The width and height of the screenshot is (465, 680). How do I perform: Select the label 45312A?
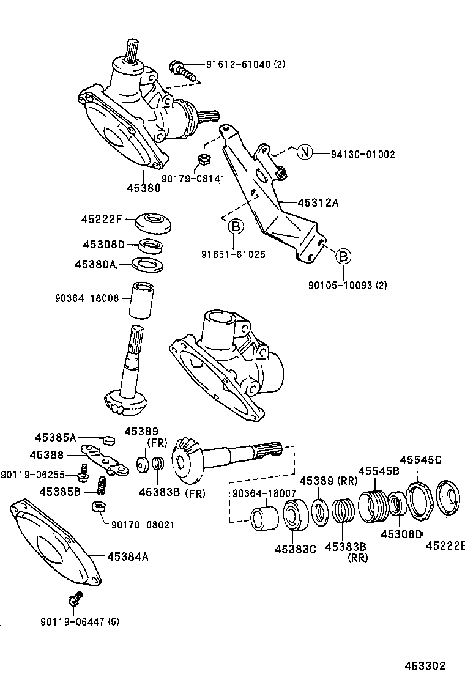pyautogui.click(x=318, y=203)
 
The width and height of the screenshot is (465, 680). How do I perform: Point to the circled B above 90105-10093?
pyautogui.click(x=344, y=256)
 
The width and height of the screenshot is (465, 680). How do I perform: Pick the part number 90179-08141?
pyautogui.click(x=193, y=179)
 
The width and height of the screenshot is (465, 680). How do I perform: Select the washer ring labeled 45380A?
pyautogui.click(x=149, y=264)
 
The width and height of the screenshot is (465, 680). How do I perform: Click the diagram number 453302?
pyautogui.click(x=424, y=666)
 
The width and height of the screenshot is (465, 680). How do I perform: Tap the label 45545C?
pyautogui.click(x=421, y=460)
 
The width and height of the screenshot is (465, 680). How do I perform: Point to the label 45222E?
pyautogui.click(x=445, y=546)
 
